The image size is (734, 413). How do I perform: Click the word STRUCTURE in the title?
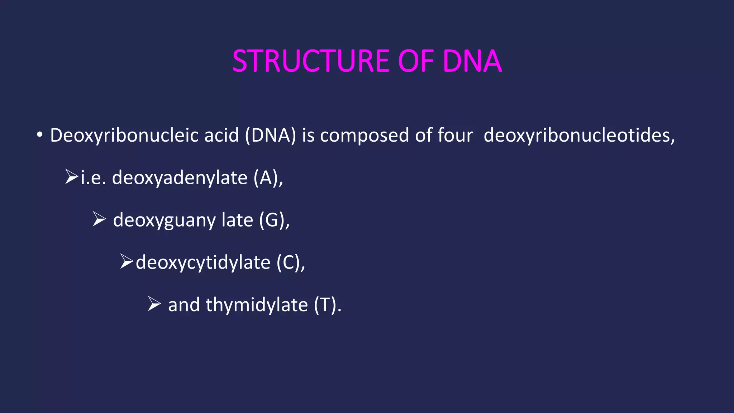311,61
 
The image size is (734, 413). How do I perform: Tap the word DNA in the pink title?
472,61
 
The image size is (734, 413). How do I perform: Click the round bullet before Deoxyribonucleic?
39,136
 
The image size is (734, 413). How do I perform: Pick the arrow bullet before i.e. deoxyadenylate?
71,177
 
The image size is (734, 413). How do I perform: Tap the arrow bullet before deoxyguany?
99,219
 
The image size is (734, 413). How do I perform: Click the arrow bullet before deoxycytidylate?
127,262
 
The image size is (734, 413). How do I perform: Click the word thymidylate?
257,305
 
